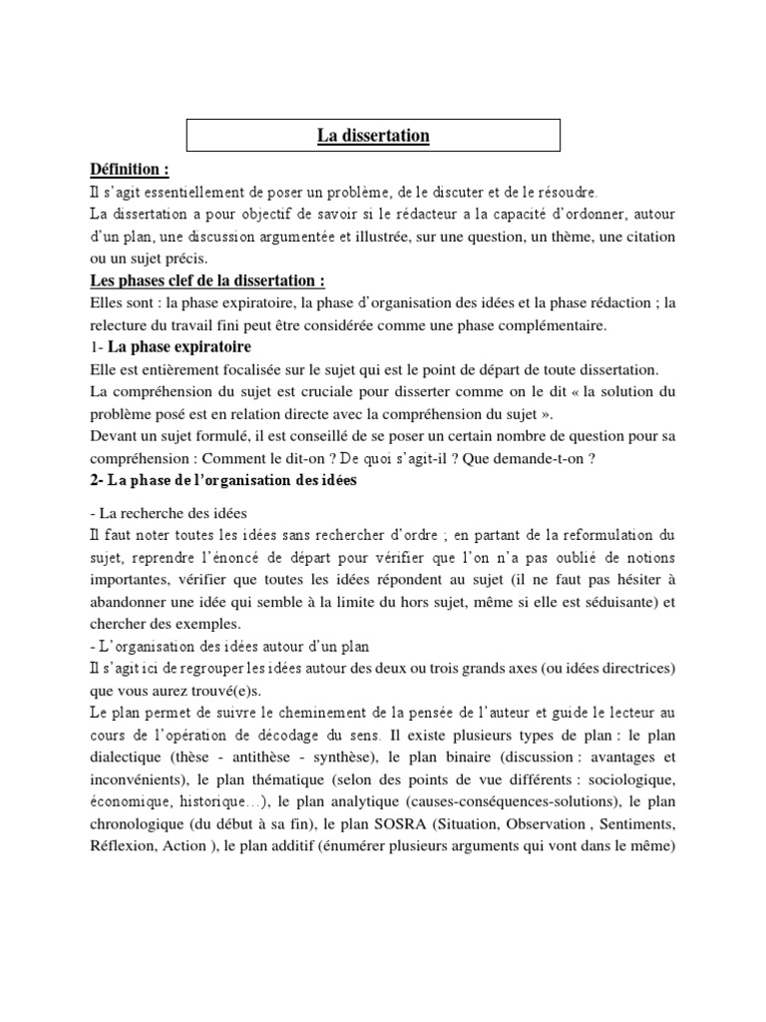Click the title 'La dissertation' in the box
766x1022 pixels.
pyautogui.click(x=374, y=136)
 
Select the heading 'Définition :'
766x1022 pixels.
pyautogui.click(x=129, y=170)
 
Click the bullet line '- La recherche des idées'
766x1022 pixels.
pyautogui.click(x=154, y=513)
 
